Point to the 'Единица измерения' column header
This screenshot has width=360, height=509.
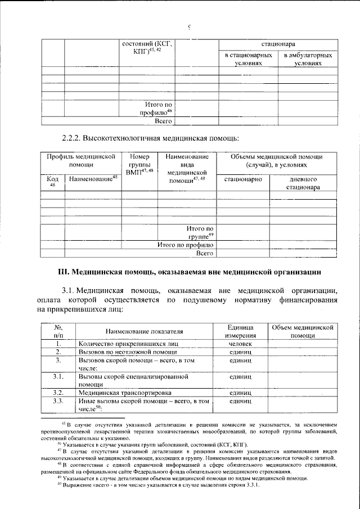tap(240, 331)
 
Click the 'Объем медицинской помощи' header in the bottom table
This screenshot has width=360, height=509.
tap(303, 331)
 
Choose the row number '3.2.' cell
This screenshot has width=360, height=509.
tap(57, 392)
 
